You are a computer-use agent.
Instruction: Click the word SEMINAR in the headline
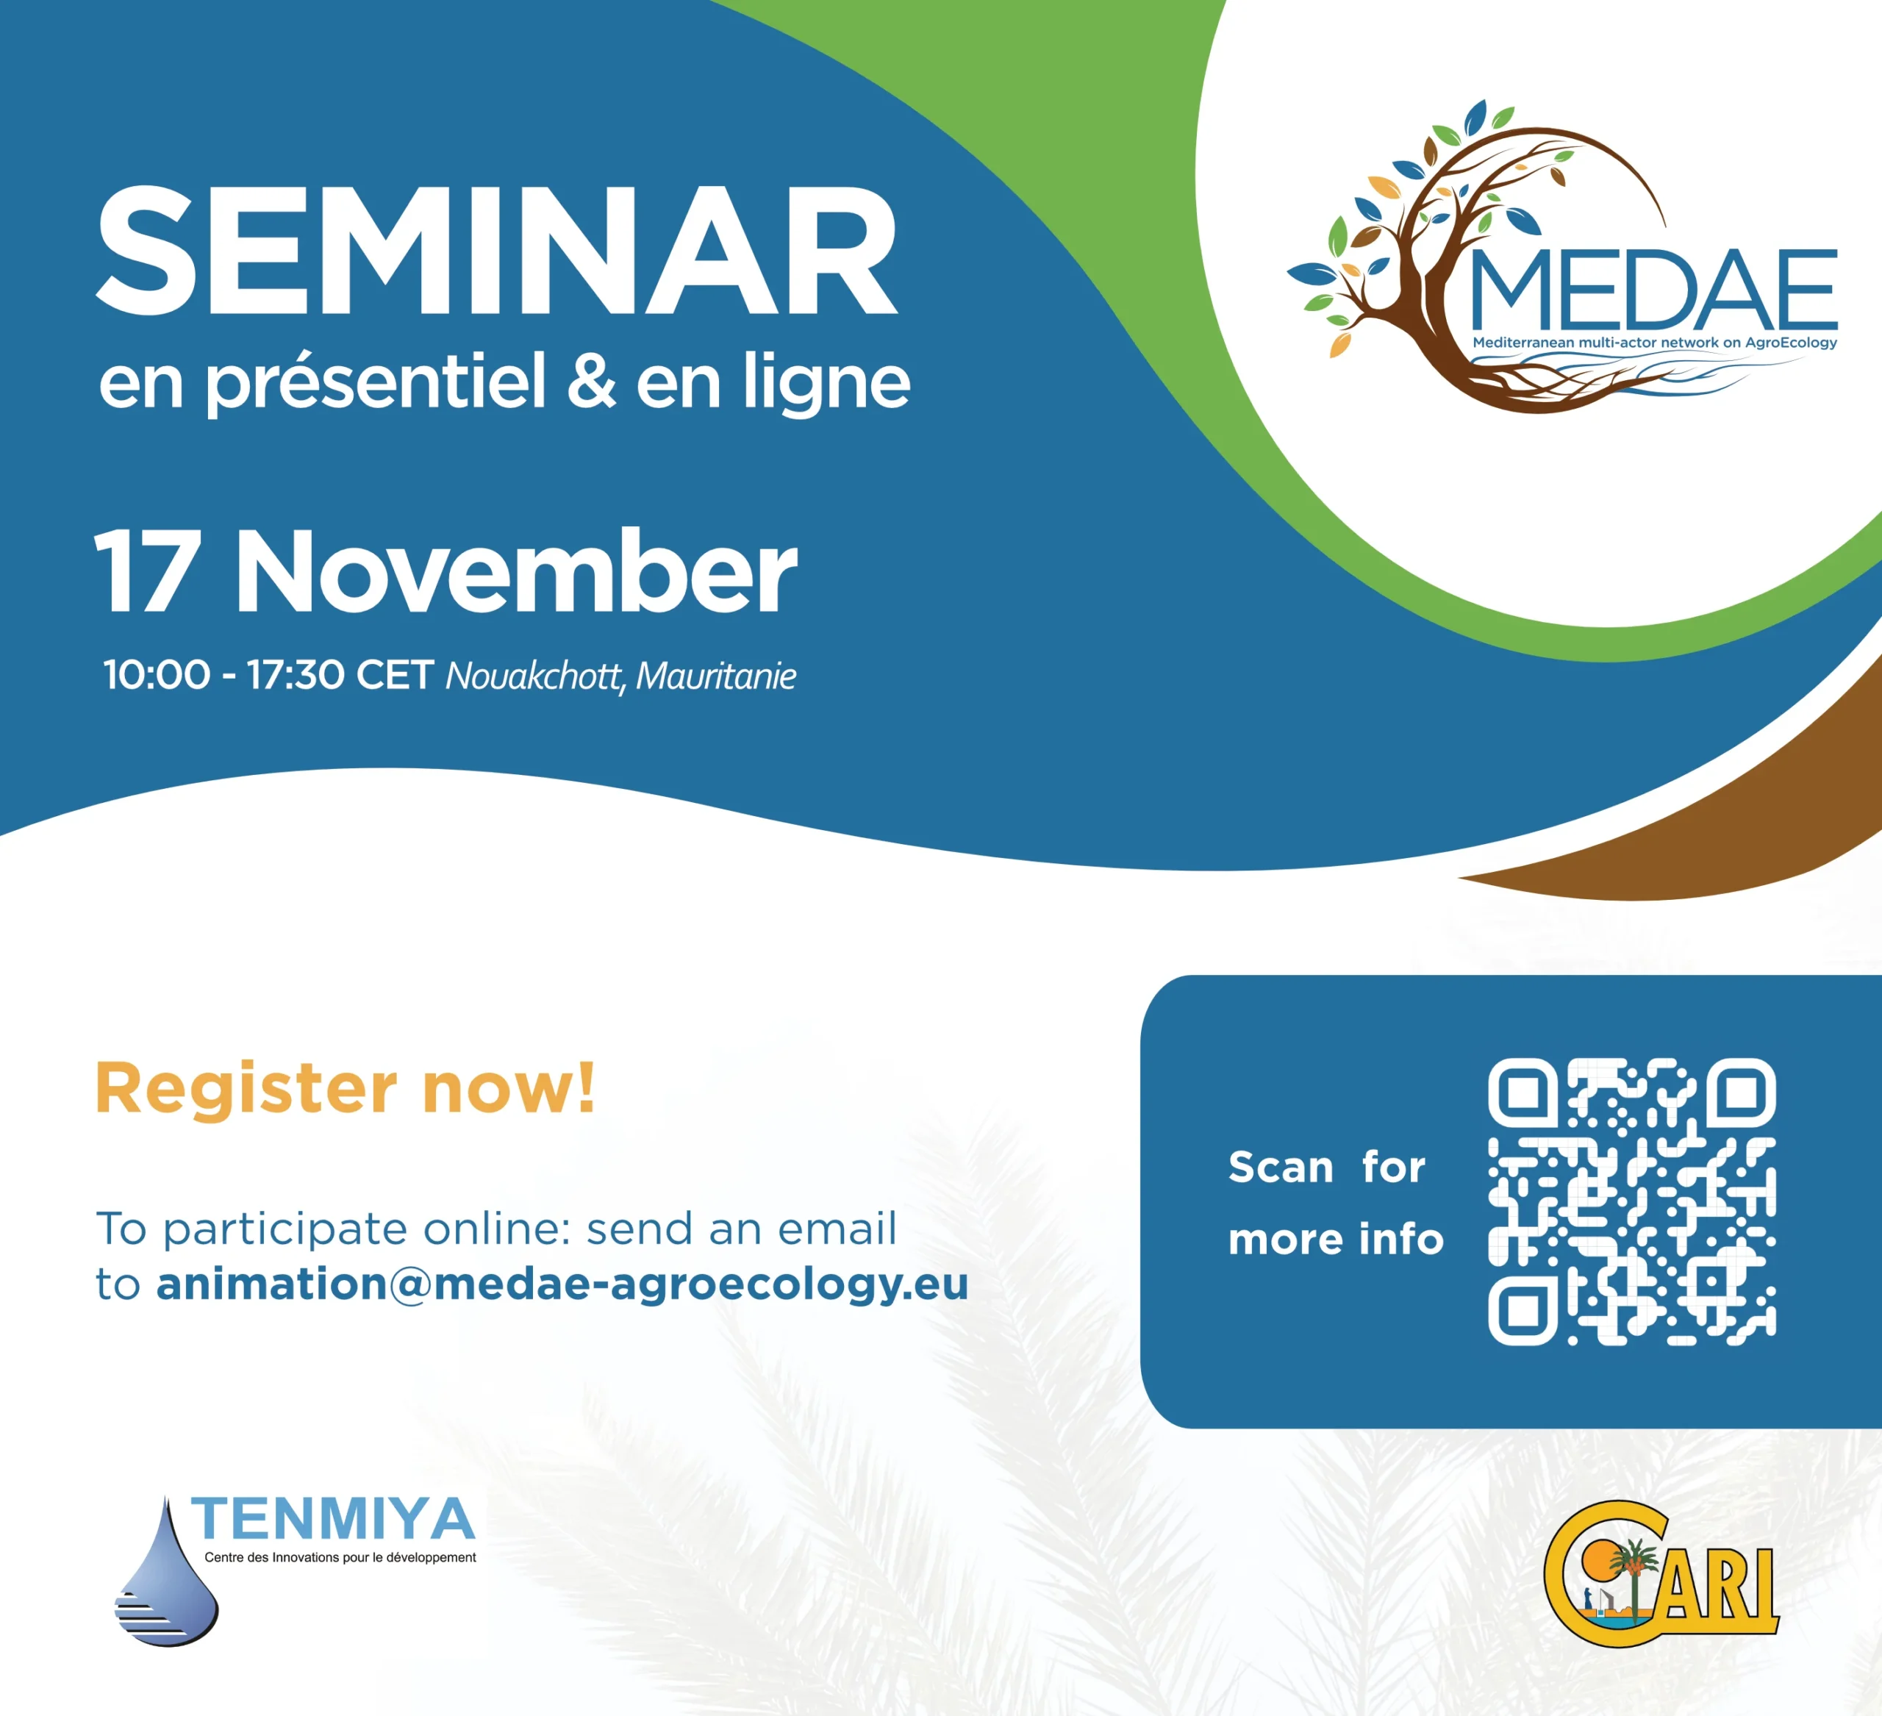point(497,252)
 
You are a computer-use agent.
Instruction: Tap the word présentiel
point(374,383)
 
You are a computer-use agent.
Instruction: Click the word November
point(516,571)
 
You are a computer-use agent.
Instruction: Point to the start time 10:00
point(157,675)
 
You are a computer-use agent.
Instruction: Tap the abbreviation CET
point(394,675)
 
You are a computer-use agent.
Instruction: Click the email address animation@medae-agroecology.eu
point(562,1284)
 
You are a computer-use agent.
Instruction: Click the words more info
point(1336,1239)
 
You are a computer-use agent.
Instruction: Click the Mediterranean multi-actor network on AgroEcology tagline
point(1654,343)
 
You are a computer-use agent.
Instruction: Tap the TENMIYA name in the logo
point(333,1519)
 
